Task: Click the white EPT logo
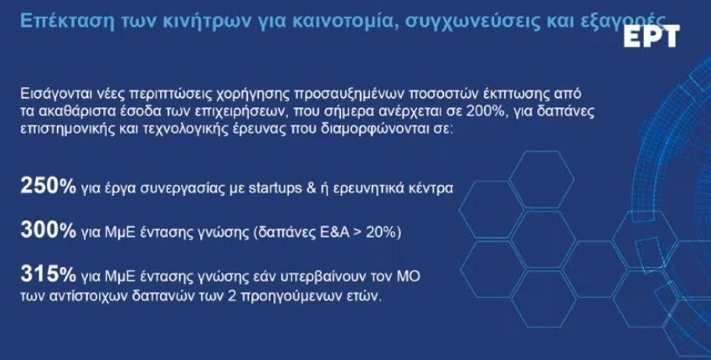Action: click(x=651, y=36)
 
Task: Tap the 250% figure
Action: click(x=48, y=187)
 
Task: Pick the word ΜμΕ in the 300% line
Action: click(x=110, y=232)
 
